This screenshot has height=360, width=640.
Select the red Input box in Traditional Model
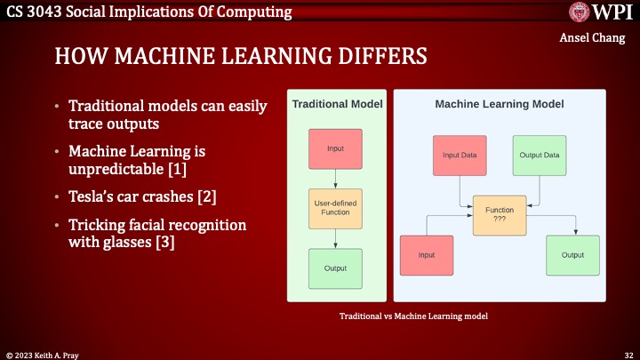pos(335,148)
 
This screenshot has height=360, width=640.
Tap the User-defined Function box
pos(335,208)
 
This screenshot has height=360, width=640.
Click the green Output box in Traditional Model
pos(335,268)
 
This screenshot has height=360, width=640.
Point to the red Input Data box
pos(459,155)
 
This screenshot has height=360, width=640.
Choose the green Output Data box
pos(539,155)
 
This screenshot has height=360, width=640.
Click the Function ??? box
pos(499,215)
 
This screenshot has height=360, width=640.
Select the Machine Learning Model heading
pos(499,104)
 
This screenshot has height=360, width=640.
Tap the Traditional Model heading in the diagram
pos(337,104)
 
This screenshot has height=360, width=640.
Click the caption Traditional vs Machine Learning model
pos(414,316)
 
